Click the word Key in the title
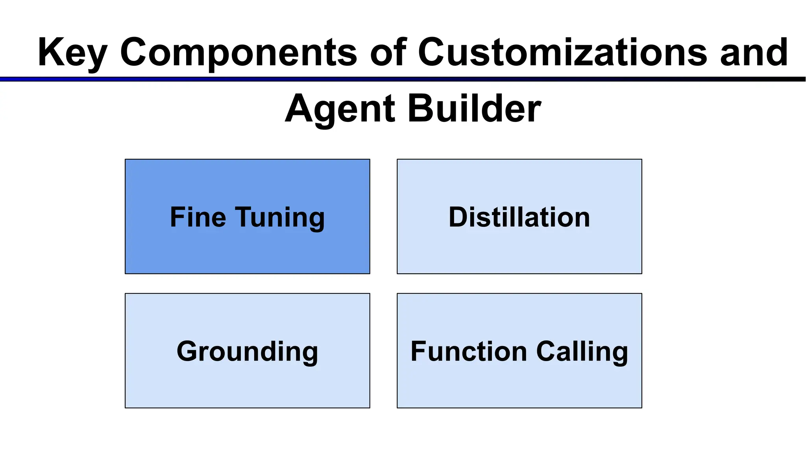point(72,53)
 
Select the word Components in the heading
point(238,53)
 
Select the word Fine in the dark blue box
point(198,217)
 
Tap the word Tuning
point(280,218)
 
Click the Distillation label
point(519,217)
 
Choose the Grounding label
point(247,352)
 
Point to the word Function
point(468,351)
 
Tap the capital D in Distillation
point(458,217)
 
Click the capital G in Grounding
point(188,351)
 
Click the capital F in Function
point(418,351)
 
